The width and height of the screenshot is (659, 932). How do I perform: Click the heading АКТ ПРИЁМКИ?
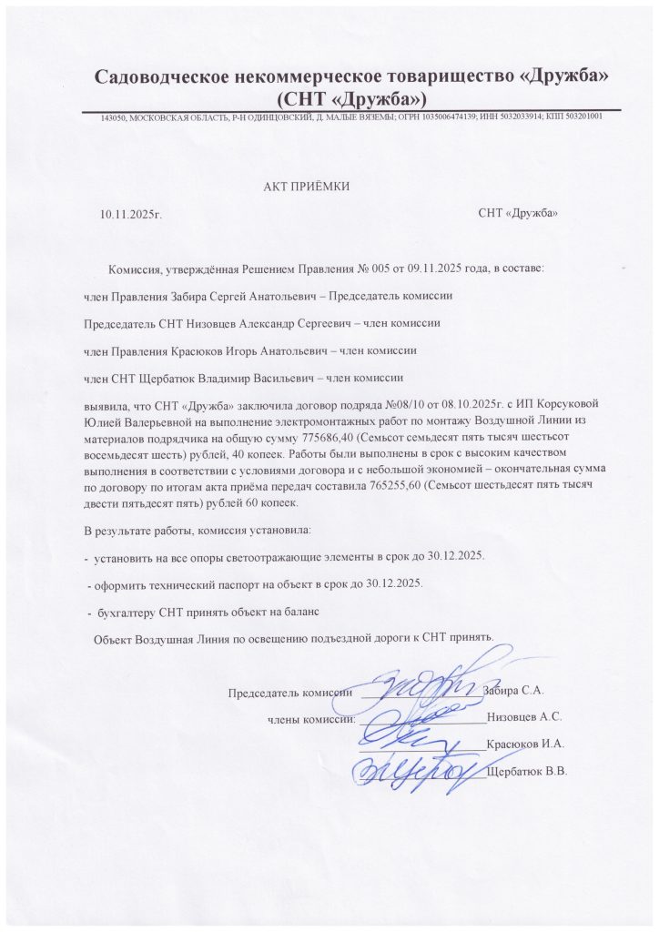305,187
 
